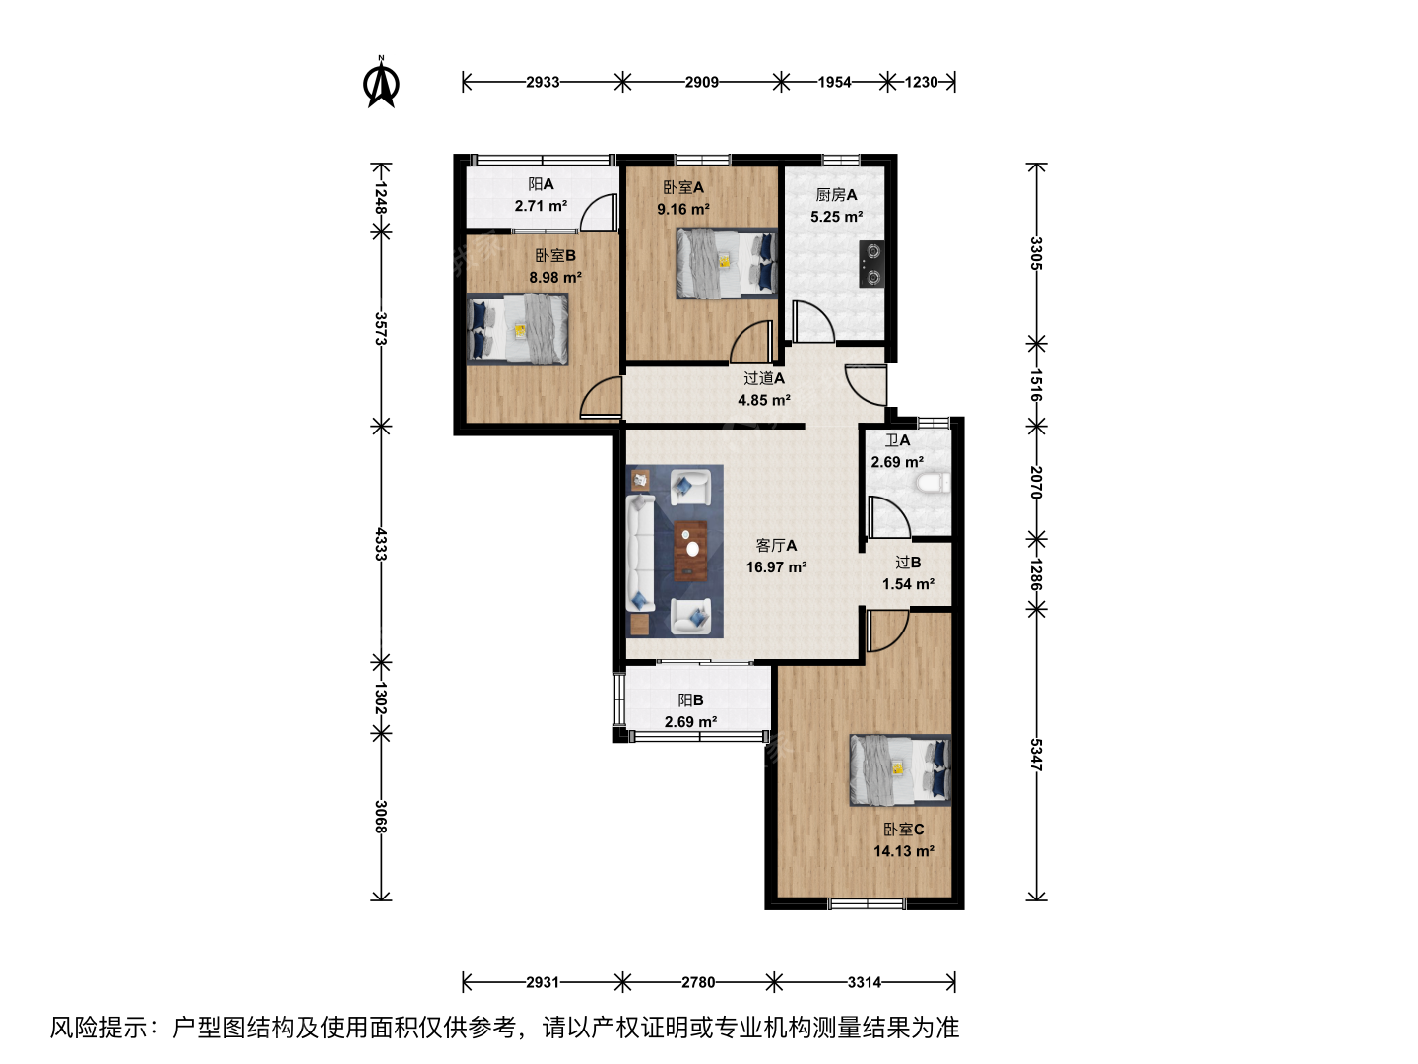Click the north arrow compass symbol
[381, 83]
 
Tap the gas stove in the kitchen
[871, 264]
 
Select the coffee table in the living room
[691, 551]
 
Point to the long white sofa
[641, 553]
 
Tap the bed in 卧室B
[517, 329]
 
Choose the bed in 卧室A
[727, 263]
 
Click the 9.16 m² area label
[682, 209]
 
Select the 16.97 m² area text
[776, 567]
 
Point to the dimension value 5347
[1036, 755]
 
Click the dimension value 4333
[380, 544]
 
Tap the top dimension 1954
[834, 82]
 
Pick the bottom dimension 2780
[698, 982]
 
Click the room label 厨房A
[836, 194]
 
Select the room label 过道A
[763, 378]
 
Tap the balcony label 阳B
[690, 700]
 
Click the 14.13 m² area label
[904, 851]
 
